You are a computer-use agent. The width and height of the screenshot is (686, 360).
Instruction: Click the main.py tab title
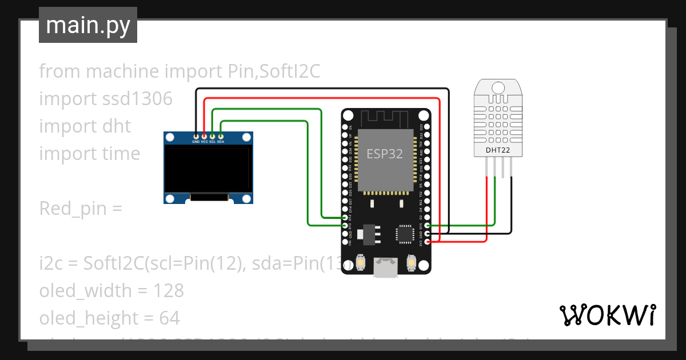pyautogui.click(x=87, y=25)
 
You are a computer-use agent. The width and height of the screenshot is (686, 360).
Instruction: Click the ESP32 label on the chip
pyautogui.click(x=385, y=154)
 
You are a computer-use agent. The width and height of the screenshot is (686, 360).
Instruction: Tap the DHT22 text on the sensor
pyautogui.click(x=498, y=150)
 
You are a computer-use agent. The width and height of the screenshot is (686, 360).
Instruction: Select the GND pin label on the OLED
pyautogui.click(x=196, y=141)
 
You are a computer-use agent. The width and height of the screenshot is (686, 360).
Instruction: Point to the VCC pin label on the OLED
pyautogui.click(x=204, y=141)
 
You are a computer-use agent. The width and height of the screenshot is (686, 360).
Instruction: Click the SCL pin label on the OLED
pyautogui.click(x=212, y=141)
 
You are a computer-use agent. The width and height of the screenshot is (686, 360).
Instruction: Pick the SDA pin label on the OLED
pyautogui.click(x=221, y=141)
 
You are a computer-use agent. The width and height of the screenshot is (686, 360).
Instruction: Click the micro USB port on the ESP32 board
pyautogui.click(x=386, y=267)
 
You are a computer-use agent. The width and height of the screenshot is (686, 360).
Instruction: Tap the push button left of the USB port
pyautogui.click(x=361, y=262)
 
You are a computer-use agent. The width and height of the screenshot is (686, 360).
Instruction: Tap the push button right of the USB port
pyautogui.click(x=410, y=262)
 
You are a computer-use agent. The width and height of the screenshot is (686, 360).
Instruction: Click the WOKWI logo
pyautogui.click(x=607, y=315)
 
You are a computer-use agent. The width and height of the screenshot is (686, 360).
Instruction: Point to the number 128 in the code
pyautogui.click(x=169, y=291)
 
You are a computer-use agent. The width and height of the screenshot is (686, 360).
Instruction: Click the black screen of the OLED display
pyautogui.click(x=208, y=169)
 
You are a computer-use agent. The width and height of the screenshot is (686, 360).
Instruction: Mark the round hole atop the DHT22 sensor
pyautogui.click(x=498, y=88)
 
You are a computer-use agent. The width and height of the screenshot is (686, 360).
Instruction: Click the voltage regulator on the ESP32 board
pyautogui.click(x=368, y=234)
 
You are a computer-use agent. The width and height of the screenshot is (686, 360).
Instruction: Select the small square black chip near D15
pyautogui.click(x=404, y=234)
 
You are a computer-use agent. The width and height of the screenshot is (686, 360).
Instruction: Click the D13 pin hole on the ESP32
pyautogui.click(x=345, y=226)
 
